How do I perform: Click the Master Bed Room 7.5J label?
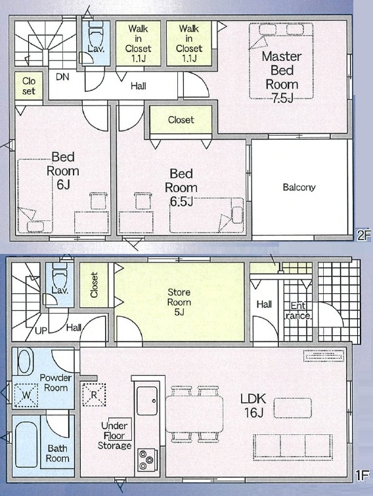tap(282, 77)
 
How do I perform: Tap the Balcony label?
tap(299, 187)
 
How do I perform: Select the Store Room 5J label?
tap(179, 302)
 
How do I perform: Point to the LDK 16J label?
tap(253, 405)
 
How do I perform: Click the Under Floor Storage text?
tap(115, 436)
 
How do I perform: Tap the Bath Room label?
tap(57, 453)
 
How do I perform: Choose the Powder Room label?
tap(56, 382)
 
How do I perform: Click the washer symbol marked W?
tap(26, 395)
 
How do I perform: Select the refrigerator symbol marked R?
tap(94, 394)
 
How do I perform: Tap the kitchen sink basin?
tap(147, 401)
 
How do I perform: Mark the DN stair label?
tap(62, 77)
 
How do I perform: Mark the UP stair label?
tap(41, 331)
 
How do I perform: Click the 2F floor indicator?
tap(363, 235)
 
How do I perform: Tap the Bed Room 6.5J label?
tap(181, 187)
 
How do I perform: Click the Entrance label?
tap(298, 310)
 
